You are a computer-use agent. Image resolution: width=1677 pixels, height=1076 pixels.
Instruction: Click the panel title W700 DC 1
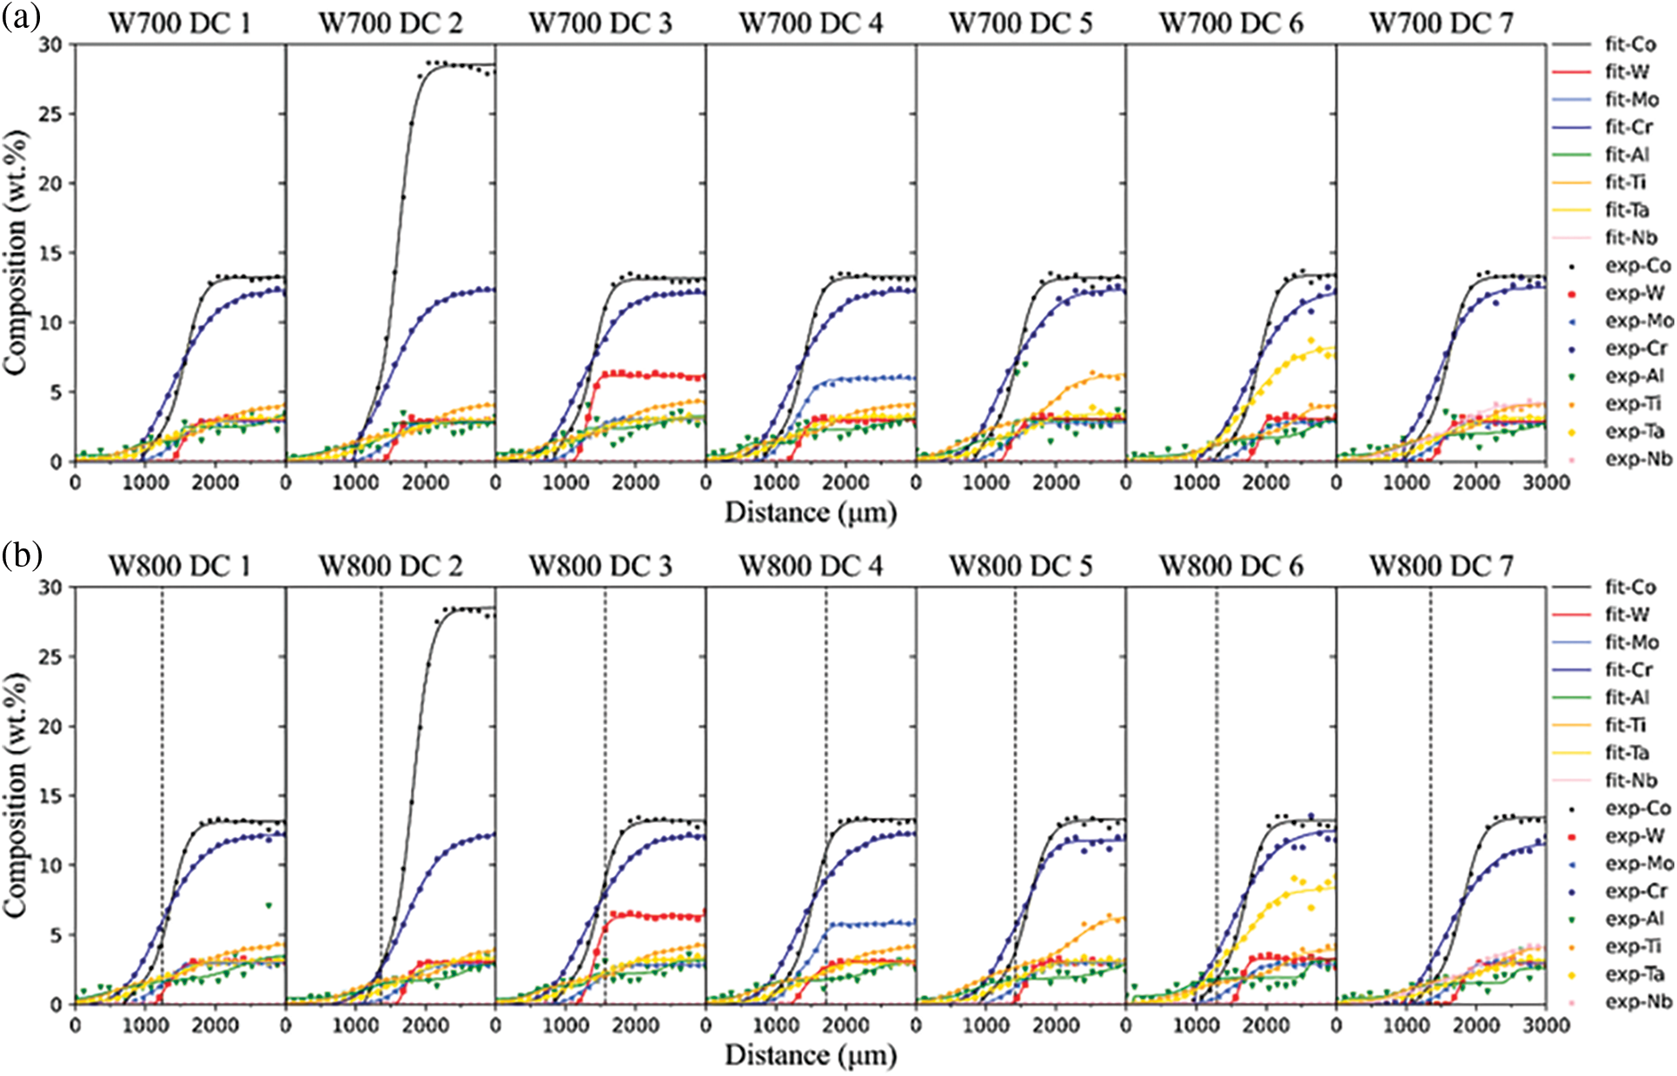pyautogui.click(x=179, y=23)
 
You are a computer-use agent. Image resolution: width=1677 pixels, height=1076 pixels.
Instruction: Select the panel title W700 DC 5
pyautogui.click(x=1020, y=23)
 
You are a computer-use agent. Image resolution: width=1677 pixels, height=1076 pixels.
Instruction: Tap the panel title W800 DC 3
pyautogui.click(x=600, y=567)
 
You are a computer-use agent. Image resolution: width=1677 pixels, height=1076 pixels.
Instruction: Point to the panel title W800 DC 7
pyautogui.click(x=1441, y=567)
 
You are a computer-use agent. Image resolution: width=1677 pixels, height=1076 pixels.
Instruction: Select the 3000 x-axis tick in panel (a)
pyautogui.click(x=1546, y=482)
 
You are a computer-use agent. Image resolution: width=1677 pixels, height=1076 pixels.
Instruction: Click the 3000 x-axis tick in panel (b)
pyautogui.click(x=1546, y=1026)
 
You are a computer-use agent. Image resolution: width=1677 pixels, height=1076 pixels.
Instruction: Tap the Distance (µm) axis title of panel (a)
pyautogui.click(x=810, y=513)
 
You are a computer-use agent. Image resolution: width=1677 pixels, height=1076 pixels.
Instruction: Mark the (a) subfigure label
pyautogui.click(x=21, y=17)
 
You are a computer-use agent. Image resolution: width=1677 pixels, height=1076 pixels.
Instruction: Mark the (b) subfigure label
pyautogui.click(x=21, y=555)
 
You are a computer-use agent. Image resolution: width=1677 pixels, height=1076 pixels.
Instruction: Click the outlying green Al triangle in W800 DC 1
pyautogui.click(x=269, y=906)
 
